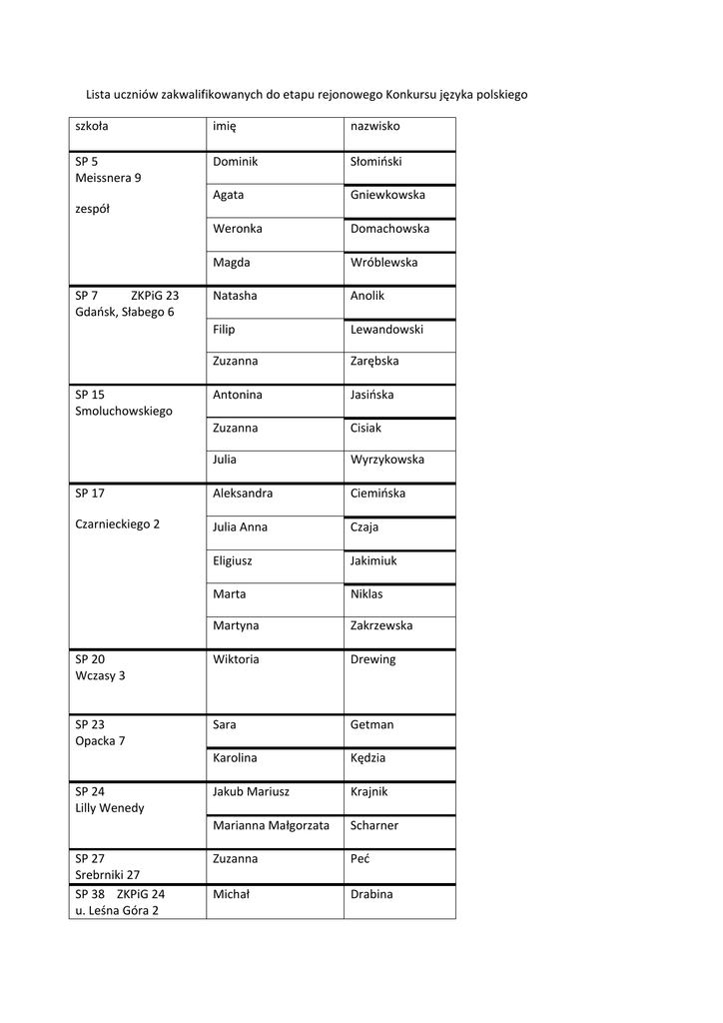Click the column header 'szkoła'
(x=92, y=127)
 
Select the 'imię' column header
(x=224, y=128)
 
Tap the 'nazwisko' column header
(x=374, y=127)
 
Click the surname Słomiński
(x=375, y=162)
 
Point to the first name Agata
(x=228, y=195)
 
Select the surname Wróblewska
(x=383, y=263)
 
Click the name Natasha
(x=235, y=296)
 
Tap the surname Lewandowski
(x=386, y=329)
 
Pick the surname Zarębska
(x=374, y=362)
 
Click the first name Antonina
(x=238, y=395)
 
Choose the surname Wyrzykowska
(x=387, y=460)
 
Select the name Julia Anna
(x=240, y=527)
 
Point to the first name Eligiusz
(x=233, y=561)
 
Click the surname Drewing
(x=372, y=659)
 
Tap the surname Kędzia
(x=367, y=758)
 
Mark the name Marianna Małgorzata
(x=271, y=825)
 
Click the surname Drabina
(x=371, y=894)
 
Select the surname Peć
(x=361, y=858)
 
